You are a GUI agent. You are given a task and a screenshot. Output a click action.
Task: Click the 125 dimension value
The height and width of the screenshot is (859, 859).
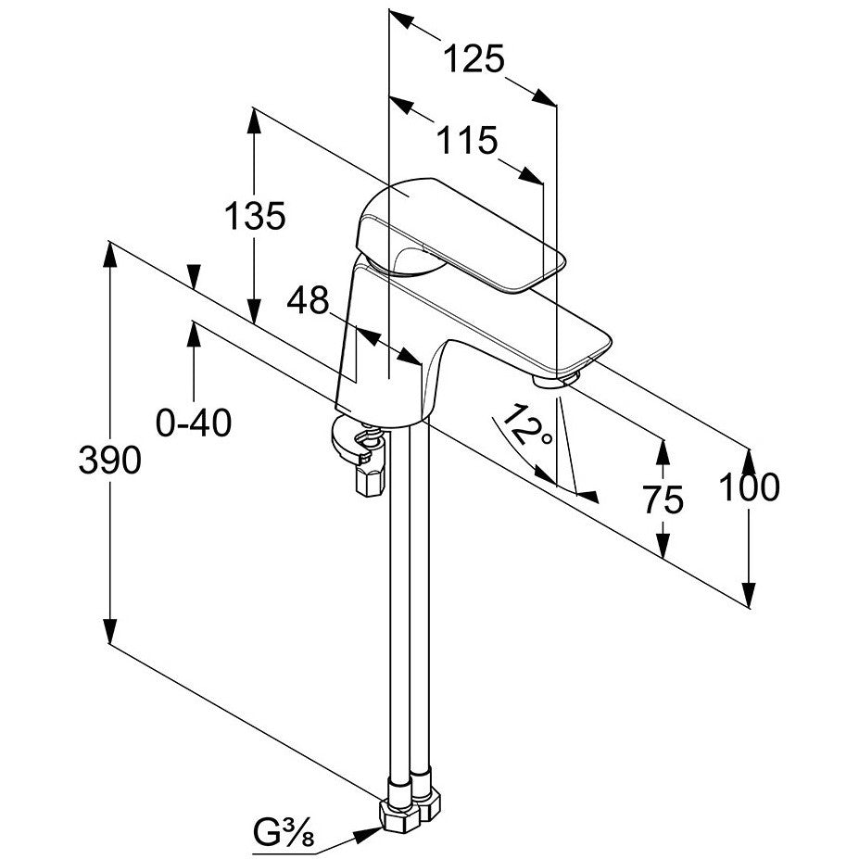click(x=474, y=58)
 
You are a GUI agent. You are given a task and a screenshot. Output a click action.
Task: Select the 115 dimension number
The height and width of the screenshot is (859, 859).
click(x=467, y=140)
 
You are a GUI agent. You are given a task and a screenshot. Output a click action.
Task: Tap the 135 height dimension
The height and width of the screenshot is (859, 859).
click(x=255, y=215)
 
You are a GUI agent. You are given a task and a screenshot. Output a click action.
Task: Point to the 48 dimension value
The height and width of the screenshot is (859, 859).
click(x=308, y=299)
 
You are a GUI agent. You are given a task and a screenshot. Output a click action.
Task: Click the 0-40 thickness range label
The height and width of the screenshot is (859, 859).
click(x=194, y=423)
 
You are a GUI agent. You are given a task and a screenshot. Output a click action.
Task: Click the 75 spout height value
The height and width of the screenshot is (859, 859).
click(x=663, y=499)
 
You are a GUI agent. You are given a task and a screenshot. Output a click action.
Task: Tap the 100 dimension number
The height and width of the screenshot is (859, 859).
click(x=749, y=487)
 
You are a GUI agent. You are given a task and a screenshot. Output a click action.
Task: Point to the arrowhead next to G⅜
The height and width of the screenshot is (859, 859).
click(x=368, y=834)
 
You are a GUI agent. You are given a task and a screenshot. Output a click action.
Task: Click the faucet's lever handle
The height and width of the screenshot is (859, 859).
click(x=461, y=234)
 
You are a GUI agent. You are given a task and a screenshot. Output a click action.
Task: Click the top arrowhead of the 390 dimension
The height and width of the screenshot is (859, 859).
click(x=110, y=255)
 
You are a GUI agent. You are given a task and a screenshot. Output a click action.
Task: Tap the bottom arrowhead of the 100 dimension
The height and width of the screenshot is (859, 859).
click(x=749, y=594)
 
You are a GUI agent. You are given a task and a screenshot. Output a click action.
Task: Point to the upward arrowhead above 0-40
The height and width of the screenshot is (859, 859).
click(x=194, y=334)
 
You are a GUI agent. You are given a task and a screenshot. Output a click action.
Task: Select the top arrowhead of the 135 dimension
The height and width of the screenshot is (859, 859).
click(x=254, y=120)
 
